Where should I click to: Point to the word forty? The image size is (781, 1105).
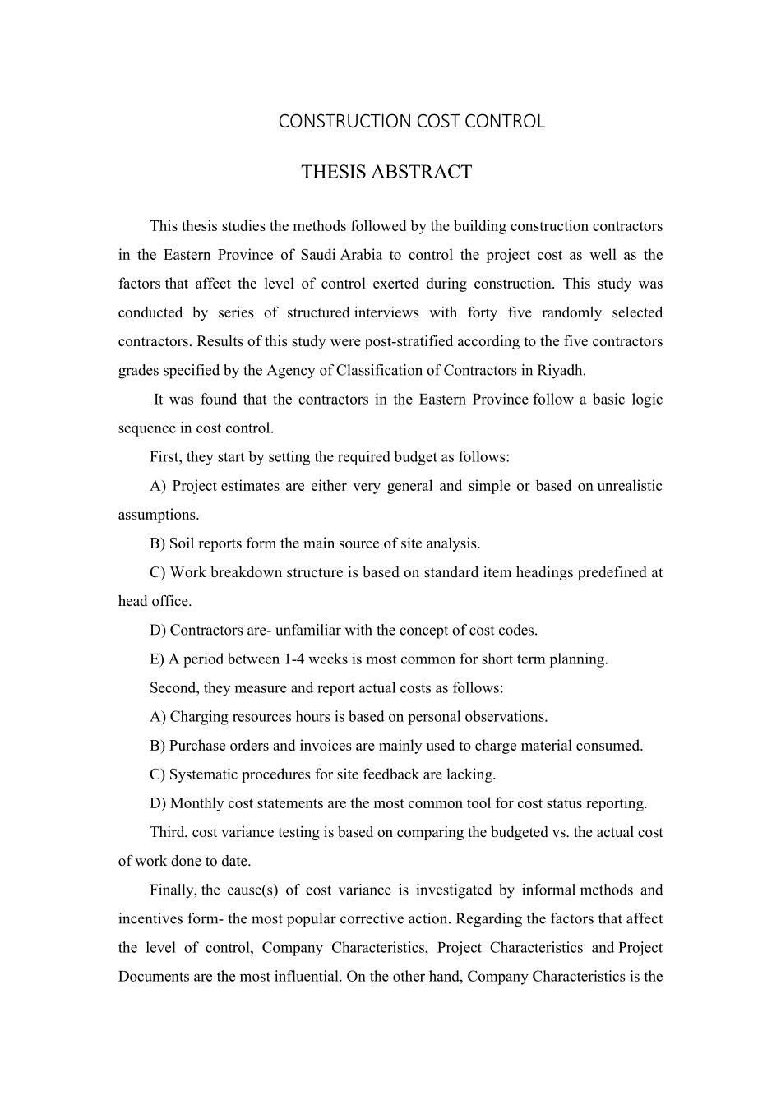[x=483, y=312]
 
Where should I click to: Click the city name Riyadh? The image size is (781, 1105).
[x=561, y=370]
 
